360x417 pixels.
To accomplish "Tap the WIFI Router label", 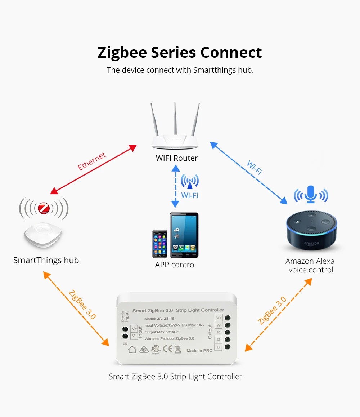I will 176,158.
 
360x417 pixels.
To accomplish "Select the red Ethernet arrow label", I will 92,161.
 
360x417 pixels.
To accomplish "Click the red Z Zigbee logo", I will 44,208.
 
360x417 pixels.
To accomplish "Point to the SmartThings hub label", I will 46,260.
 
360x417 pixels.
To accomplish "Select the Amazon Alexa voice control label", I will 310,266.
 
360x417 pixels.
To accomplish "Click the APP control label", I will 175,265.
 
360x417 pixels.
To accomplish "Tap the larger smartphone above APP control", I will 184,235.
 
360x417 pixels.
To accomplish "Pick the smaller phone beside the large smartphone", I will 159,244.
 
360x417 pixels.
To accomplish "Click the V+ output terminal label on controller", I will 219,318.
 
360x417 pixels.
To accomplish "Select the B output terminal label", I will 218,347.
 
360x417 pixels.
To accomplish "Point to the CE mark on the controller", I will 168,349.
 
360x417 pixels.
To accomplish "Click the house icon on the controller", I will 132,349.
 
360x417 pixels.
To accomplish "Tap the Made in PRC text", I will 199,350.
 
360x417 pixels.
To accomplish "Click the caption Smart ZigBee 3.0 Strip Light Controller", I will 175,377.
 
